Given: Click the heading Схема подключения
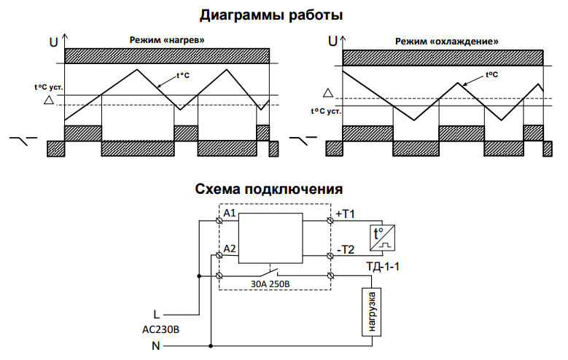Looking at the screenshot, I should coord(269,189).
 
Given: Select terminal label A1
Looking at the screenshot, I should coord(230,213).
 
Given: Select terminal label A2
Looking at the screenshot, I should coord(230,249).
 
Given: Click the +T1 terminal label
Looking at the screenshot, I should coord(345,214).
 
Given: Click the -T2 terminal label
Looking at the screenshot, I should coord(345,250).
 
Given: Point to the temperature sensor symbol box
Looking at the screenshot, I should coord(384,235).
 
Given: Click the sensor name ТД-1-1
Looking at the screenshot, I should coord(384,266).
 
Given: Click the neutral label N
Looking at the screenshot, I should coord(155,346).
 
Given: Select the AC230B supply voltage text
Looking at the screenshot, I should coord(160,329).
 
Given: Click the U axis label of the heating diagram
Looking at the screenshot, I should coord(53,42).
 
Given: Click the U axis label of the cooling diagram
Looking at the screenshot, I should coord(333,42).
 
